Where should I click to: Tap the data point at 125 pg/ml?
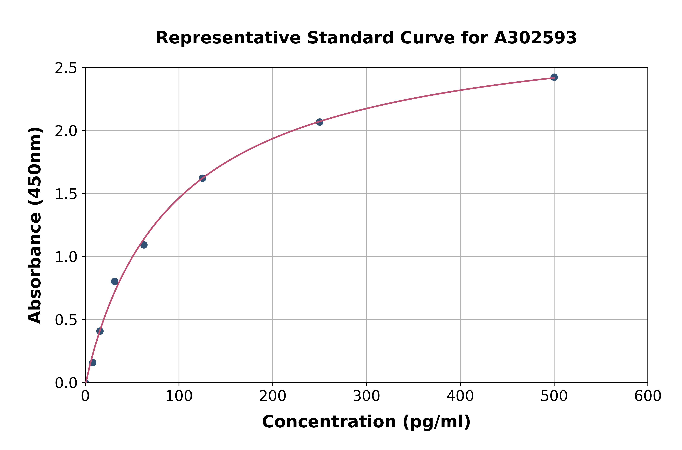[x=202, y=178]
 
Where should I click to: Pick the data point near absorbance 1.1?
[x=144, y=245]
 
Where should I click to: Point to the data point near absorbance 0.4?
[x=100, y=331]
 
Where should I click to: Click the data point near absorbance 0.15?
[x=92, y=362]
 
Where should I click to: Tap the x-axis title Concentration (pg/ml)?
[x=366, y=422]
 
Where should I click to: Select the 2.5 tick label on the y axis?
[x=66, y=68]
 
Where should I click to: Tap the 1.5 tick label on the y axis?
[x=66, y=194]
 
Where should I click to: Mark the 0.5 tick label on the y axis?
[x=66, y=320]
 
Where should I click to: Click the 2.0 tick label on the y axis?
[x=66, y=131]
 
